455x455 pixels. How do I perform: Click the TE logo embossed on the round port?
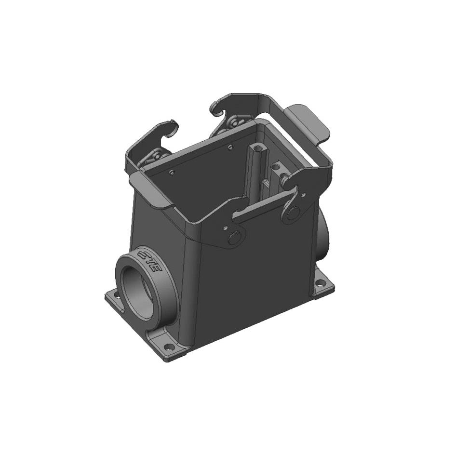[x=149, y=260]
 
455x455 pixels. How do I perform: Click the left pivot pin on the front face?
[x=236, y=237]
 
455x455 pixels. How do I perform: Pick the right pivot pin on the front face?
[x=292, y=213]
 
